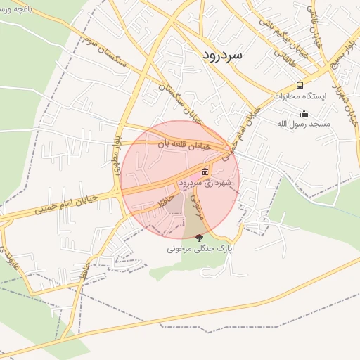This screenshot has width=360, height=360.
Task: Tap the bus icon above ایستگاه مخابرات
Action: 300,85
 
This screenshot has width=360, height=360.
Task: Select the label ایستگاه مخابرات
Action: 301,96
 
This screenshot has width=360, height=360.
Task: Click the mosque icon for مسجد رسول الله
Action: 304,113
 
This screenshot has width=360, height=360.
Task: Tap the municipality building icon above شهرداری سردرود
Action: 205,172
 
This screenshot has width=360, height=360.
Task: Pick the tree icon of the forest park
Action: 199,238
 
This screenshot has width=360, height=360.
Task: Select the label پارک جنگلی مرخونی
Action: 199,248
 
